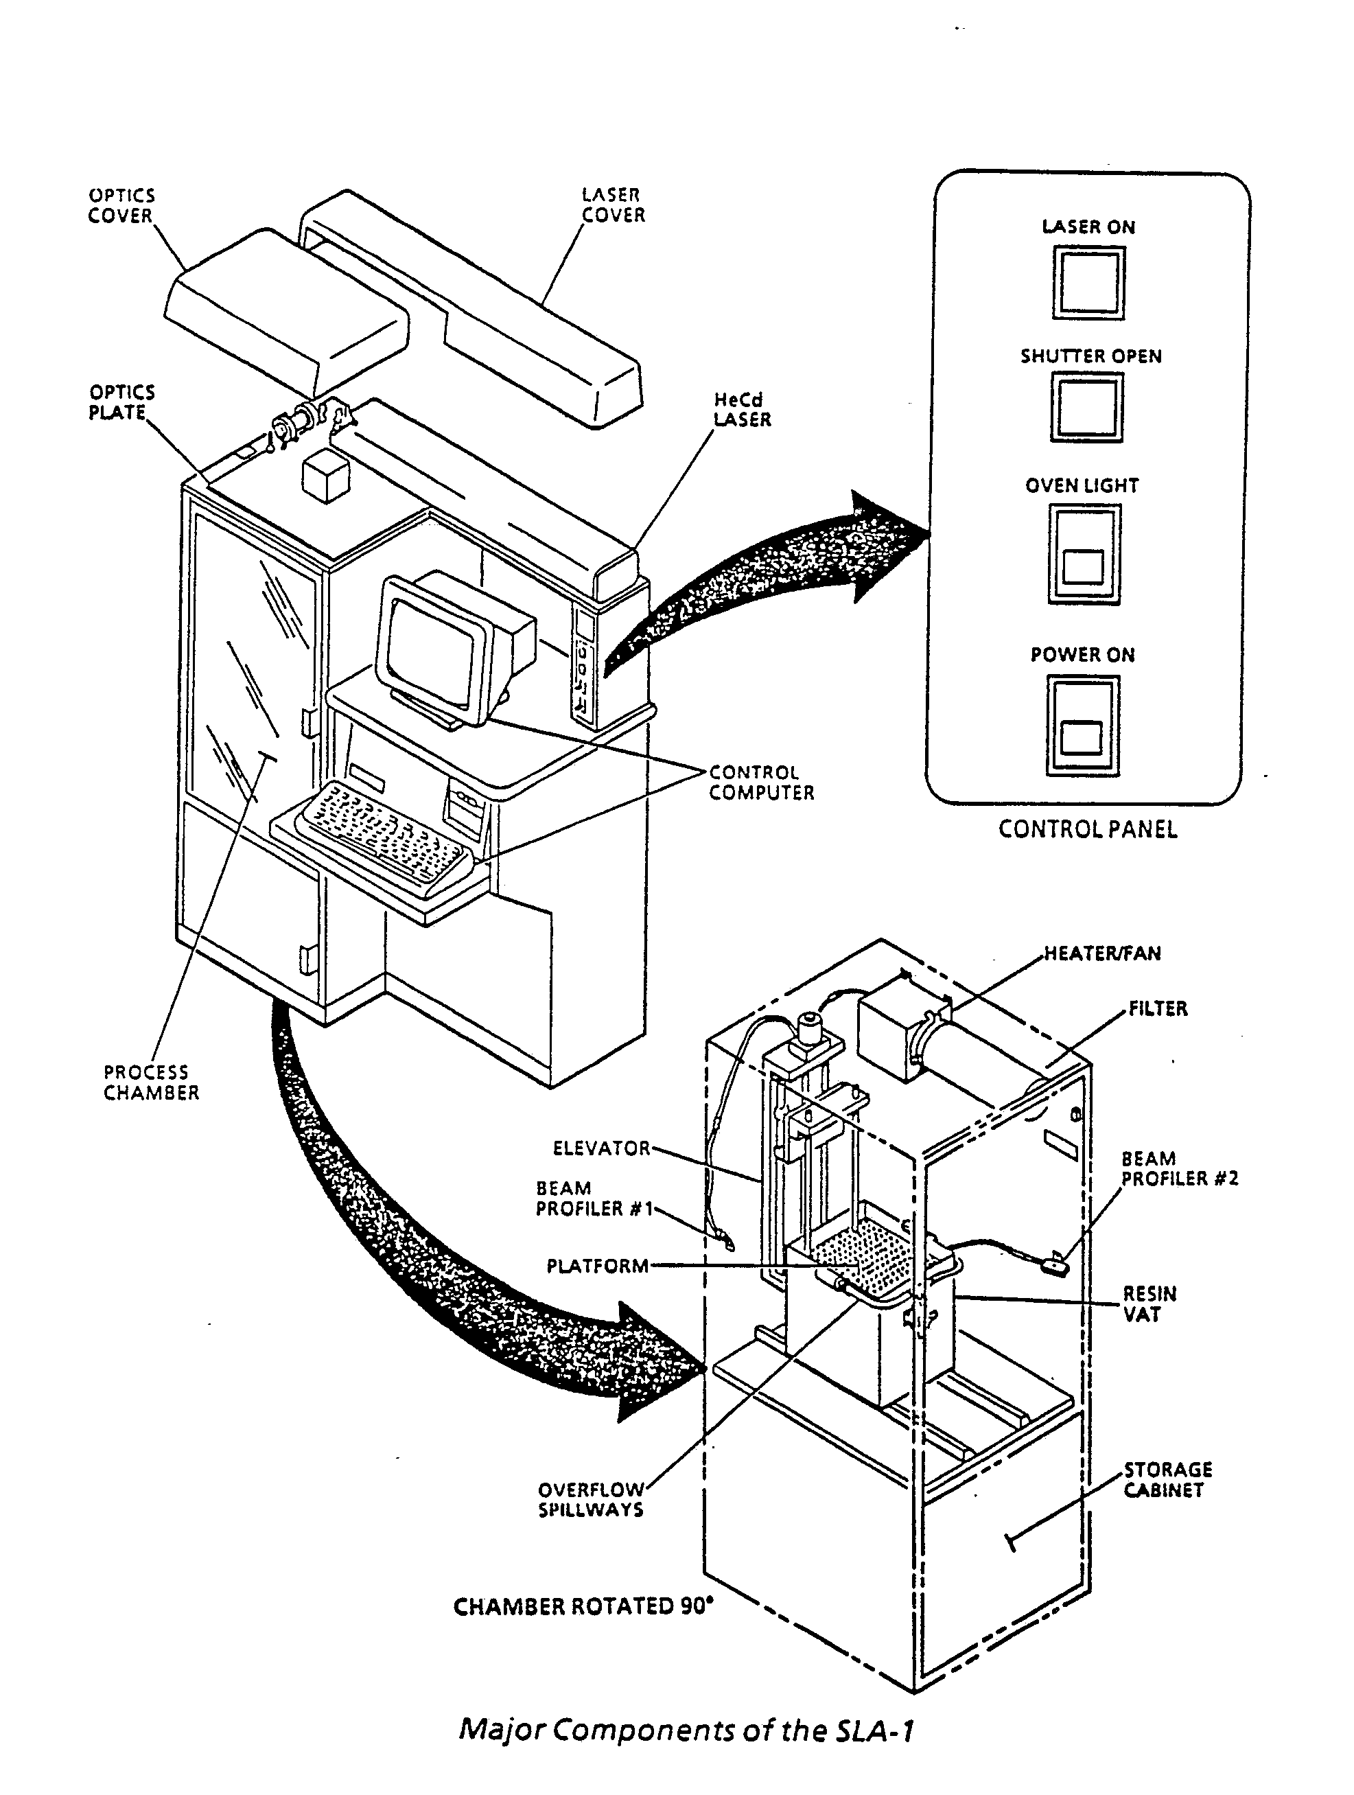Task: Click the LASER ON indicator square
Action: point(1088,282)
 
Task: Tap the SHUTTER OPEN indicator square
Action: point(1087,406)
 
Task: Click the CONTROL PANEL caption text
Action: point(1087,829)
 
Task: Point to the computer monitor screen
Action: point(431,650)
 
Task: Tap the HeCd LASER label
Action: point(741,410)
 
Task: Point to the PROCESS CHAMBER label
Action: point(151,1082)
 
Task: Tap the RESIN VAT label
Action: point(1149,1304)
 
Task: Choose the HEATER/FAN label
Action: point(1101,953)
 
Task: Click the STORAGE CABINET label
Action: point(1167,1479)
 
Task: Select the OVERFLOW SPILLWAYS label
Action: point(591,1500)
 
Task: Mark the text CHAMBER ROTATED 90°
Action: point(583,1607)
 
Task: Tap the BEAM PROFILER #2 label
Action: point(1179,1168)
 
